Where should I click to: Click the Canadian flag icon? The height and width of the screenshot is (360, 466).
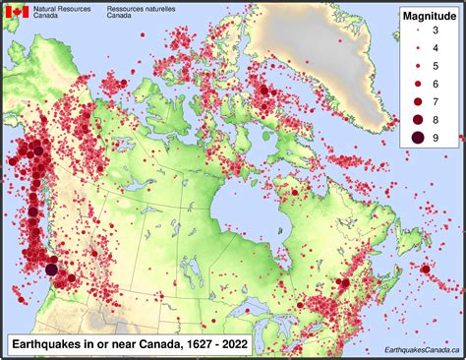17,12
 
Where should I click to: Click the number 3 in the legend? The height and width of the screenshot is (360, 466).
435,32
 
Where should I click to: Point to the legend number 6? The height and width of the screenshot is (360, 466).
435,84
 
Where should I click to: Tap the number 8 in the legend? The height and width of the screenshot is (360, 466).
435,118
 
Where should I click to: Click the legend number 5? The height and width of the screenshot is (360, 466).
435,66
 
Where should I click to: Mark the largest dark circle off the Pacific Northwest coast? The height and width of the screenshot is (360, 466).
51,270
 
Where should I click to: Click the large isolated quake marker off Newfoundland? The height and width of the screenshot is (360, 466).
425,270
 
